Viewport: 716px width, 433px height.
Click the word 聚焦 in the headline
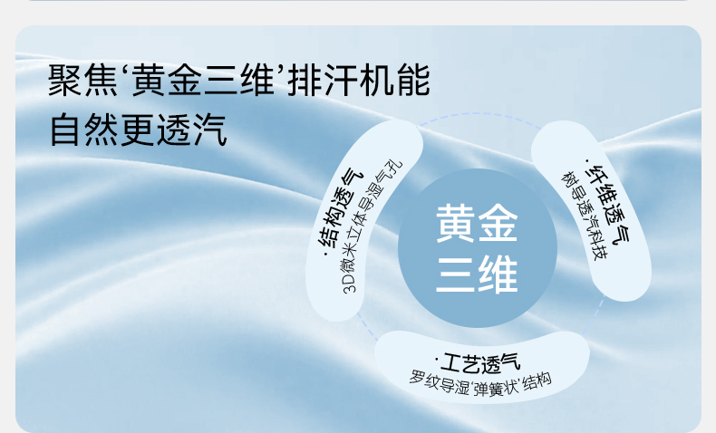coord(83,81)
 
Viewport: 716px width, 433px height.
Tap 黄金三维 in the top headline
coord(203,81)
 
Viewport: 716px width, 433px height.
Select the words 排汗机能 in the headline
coord(359,81)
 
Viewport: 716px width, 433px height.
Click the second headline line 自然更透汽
coord(138,130)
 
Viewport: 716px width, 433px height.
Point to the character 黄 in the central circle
coord(455,223)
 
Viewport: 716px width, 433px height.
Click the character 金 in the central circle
coord(498,223)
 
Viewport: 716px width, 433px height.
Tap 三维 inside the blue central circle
coord(477,274)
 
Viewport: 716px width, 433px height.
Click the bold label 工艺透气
coord(480,362)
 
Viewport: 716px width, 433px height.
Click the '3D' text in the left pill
coord(350,283)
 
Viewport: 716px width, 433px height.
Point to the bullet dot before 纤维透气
coord(586,160)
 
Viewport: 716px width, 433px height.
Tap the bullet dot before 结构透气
coord(325,255)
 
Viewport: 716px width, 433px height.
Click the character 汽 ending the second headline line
coord(209,130)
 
